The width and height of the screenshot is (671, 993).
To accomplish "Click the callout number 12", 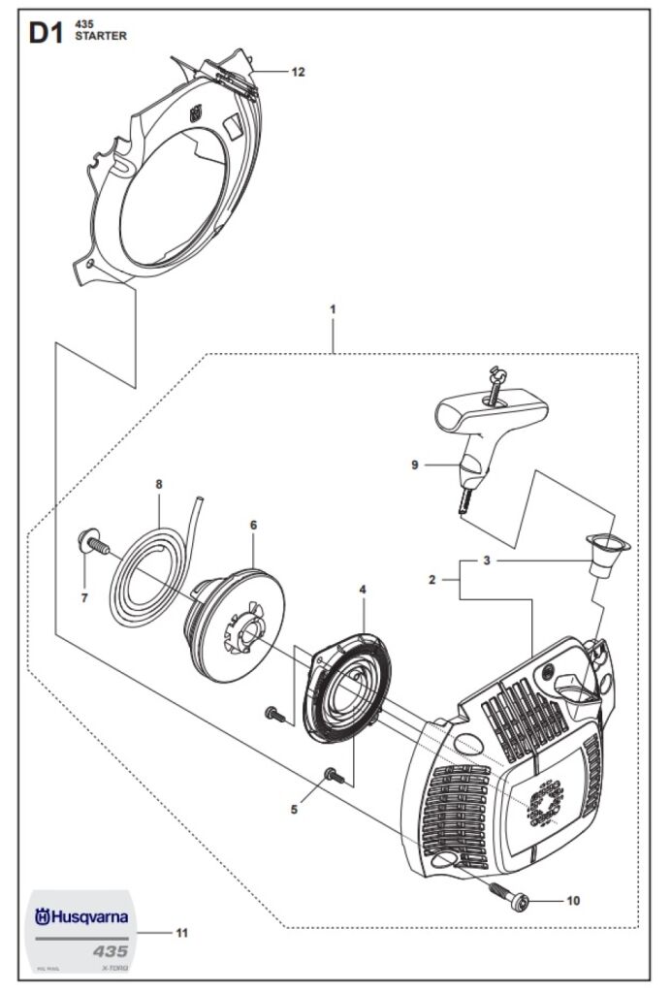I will pos(298,72).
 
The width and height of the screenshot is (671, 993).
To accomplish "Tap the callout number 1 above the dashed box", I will pos(333,309).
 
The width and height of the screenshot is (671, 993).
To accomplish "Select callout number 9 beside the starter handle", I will pos(414,465).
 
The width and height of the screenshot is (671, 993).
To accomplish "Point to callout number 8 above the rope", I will pos(159,484).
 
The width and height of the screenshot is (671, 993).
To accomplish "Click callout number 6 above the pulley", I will pos(253,525).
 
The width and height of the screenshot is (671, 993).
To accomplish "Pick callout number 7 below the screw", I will pos(84,598).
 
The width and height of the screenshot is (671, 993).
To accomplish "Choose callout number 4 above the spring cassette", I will pos(362,589).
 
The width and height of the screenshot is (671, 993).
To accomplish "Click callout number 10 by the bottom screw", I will pos(572,901).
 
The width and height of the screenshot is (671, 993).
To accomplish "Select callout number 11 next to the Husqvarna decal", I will pos(181,933).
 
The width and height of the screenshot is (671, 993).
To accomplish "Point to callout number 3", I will pos(487,561).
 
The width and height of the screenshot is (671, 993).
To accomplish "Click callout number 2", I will pos(432,580).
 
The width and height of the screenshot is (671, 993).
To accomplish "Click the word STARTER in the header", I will pos(100,36).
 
